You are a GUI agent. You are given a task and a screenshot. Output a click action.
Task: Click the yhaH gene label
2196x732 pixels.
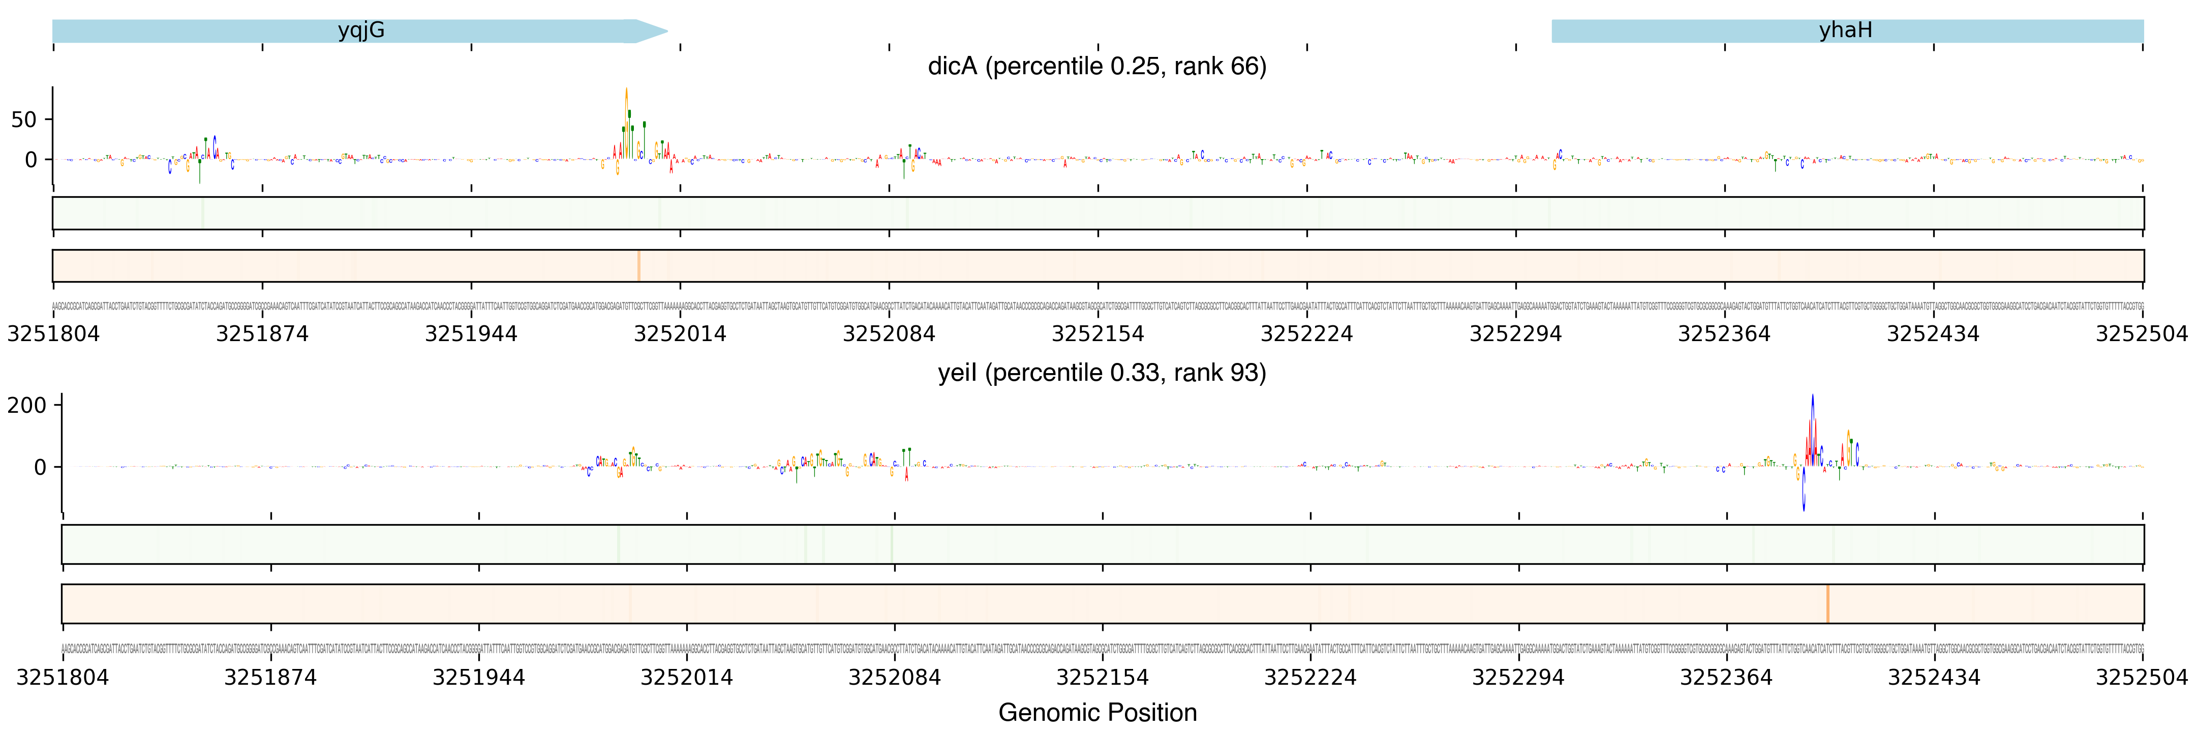1845,30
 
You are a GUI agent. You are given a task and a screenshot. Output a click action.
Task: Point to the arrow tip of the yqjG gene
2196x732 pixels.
666,32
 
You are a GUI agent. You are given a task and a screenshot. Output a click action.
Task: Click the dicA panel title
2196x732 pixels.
1096,67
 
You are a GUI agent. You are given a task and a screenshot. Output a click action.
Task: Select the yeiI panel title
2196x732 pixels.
1102,373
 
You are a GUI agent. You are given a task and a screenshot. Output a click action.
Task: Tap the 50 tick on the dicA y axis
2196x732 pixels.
24,120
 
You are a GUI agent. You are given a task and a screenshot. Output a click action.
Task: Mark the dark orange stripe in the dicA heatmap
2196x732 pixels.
638,266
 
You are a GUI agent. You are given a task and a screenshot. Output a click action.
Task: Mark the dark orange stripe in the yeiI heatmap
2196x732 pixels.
1828,603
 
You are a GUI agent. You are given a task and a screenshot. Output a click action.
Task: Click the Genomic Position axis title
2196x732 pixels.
1097,712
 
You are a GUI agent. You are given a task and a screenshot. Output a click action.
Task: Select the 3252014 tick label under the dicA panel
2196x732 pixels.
680,334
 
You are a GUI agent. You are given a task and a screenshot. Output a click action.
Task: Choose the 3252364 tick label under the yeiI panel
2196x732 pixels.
1726,678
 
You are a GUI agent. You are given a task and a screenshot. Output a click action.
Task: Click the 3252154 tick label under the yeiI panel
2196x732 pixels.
1102,678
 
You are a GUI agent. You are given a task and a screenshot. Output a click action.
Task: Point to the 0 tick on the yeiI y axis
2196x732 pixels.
39,467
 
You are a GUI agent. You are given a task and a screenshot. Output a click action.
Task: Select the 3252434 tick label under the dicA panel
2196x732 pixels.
1933,334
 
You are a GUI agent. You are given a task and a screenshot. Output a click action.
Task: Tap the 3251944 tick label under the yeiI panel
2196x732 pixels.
478,678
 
